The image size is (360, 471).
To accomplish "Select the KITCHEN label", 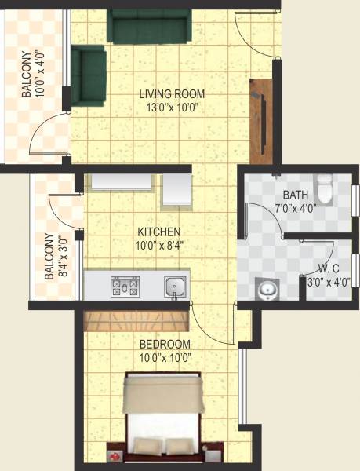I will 159,232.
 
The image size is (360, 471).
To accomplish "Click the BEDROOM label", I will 165,345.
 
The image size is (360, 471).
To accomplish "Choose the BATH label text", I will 296,195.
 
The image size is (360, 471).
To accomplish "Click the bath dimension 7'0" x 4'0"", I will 296,209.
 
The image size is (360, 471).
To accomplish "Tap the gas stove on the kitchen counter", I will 125,286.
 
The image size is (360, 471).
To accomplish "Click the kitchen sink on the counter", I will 174,287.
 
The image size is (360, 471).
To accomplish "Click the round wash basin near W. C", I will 267,290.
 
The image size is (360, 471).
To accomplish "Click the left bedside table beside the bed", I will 116,455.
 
